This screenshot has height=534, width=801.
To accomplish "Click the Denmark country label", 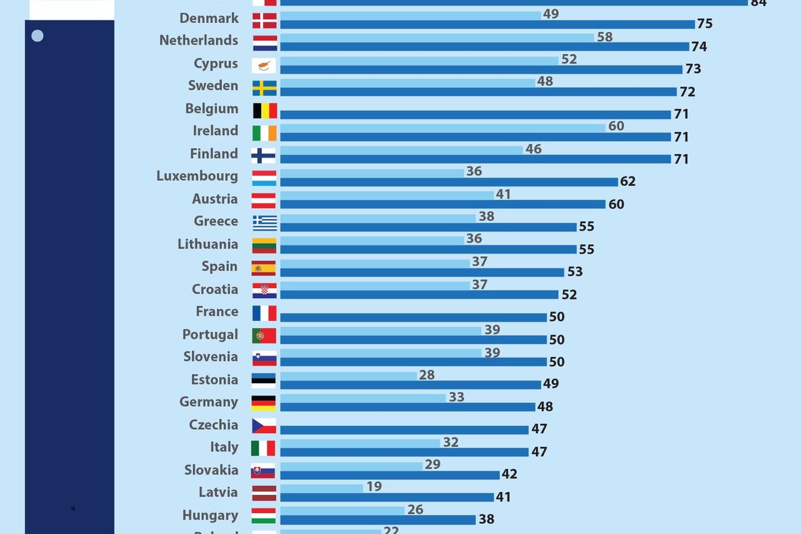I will [x=209, y=18].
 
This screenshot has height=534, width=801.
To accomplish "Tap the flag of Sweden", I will [x=265, y=89].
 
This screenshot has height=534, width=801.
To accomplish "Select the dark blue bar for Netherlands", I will [x=484, y=47].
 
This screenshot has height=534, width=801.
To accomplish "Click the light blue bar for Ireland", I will [x=442, y=128].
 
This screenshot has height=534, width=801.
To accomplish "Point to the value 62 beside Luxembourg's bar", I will [x=627, y=182].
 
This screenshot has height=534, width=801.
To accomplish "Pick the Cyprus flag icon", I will [x=265, y=66].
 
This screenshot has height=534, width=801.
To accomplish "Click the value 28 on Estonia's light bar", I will [x=427, y=375].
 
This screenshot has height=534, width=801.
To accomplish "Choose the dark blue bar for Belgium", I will [x=475, y=114].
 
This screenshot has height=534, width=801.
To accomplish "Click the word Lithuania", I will [x=208, y=244].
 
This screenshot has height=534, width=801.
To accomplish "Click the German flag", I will [x=265, y=403].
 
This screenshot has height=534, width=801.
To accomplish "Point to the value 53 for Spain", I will [x=575, y=272].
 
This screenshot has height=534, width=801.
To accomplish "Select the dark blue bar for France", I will [x=413, y=317].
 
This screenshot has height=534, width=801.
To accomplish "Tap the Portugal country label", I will [x=210, y=335].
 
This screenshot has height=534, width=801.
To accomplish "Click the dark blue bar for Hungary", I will [x=377, y=520].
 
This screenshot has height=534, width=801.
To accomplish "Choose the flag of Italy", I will [x=264, y=448].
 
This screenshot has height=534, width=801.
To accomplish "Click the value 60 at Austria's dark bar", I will [x=616, y=204].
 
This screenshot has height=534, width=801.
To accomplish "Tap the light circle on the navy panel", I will [x=37, y=36].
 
